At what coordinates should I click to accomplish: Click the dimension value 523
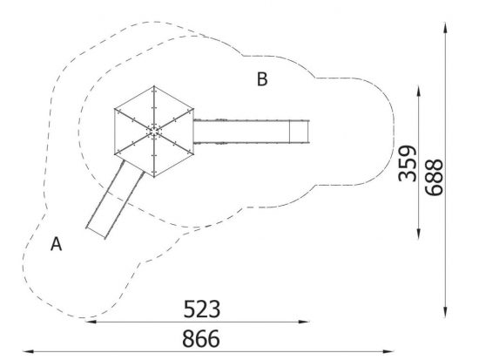(202, 309)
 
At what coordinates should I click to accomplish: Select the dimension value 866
(201, 338)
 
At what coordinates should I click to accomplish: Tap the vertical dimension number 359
(408, 163)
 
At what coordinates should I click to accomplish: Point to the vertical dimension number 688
(434, 177)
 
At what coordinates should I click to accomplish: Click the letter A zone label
(57, 244)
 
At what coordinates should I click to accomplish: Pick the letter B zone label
(262, 79)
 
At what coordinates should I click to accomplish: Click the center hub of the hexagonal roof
(154, 132)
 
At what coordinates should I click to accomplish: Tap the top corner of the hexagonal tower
(154, 86)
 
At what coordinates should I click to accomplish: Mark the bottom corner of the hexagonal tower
(154, 177)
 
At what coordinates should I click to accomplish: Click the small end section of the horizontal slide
(299, 132)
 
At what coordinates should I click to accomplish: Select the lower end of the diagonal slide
(96, 233)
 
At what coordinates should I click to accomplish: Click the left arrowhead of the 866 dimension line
(28, 351)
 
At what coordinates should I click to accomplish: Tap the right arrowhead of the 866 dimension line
(388, 351)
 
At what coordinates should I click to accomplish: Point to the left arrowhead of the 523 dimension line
(91, 322)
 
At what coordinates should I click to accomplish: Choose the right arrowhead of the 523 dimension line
(304, 322)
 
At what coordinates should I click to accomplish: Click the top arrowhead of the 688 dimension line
(445, 28)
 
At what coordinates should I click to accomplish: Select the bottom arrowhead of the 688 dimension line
(445, 312)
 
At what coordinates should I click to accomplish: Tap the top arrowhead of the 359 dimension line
(419, 92)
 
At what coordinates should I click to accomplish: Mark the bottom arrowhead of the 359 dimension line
(419, 234)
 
